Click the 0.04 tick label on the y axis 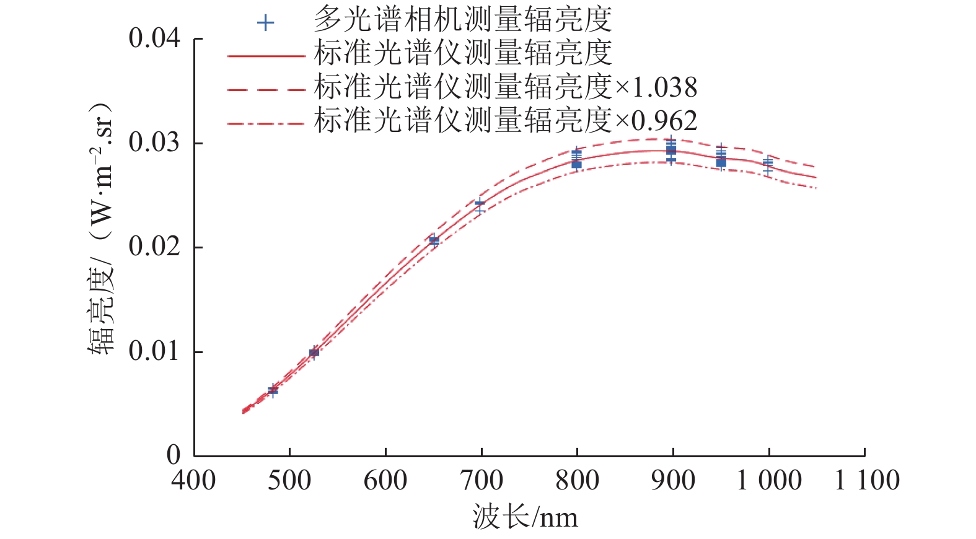tap(154, 38)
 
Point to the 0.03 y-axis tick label tap(154, 142)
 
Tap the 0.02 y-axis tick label tap(154, 247)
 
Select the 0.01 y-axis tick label tap(154, 351)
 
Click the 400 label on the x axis tap(194, 481)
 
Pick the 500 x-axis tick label tap(289, 481)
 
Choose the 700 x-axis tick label tap(481, 481)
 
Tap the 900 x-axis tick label tap(673, 481)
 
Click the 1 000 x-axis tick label tap(768, 481)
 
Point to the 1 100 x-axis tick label tap(867, 481)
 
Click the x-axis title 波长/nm tap(525, 517)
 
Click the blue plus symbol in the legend tap(265, 23)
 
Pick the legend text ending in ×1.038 tap(505, 87)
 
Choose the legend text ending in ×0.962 tap(505, 120)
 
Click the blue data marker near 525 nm tap(314, 353)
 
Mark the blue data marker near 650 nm tap(434, 240)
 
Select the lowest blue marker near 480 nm tap(273, 392)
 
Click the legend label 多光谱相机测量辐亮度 tap(462, 20)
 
